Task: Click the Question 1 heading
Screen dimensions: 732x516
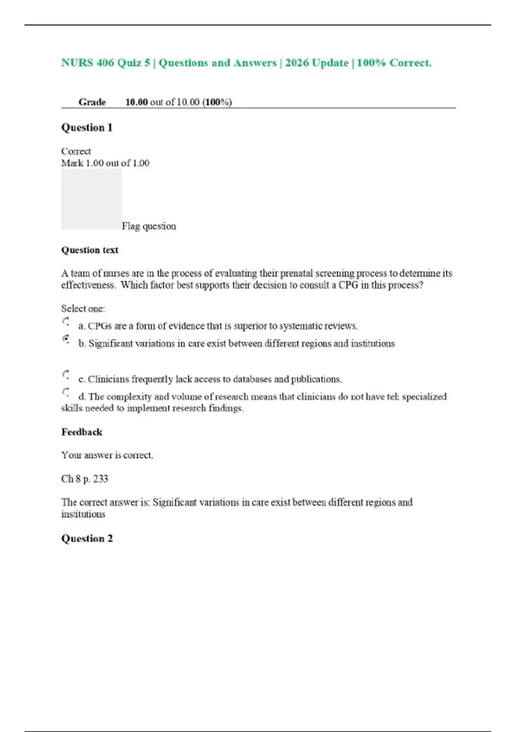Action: click(87, 127)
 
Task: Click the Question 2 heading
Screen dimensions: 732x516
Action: click(87, 538)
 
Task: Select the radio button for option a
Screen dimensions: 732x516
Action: click(66, 321)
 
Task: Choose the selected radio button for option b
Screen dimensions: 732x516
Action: click(66, 339)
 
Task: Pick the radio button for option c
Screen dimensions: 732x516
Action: click(66, 375)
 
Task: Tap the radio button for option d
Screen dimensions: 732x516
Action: click(66, 392)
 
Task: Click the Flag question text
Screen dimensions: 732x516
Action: click(149, 226)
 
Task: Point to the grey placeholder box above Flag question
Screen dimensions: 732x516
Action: click(91, 199)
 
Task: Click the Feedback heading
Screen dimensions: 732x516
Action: click(82, 432)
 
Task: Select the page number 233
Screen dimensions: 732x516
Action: click(101, 479)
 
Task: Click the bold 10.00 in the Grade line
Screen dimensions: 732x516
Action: click(136, 102)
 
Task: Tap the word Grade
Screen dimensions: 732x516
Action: click(92, 102)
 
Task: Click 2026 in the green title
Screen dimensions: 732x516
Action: click(297, 63)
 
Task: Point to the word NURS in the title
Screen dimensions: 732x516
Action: click(77, 63)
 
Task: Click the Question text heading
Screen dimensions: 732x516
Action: click(89, 250)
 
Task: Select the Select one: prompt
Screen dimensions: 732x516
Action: click(83, 309)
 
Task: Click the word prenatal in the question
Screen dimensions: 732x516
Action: click(296, 273)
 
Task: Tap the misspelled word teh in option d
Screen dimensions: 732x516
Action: click(393, 397)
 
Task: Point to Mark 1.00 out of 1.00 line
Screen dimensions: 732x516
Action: click(105, 163)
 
